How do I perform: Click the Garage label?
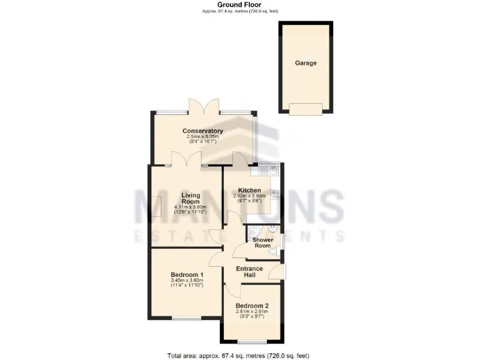(306, 63)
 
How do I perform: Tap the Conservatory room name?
(202, 131)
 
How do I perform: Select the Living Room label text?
(191, 199)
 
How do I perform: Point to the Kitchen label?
(249, 190)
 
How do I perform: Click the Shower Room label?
(262, 242)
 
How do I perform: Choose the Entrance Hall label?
(249, 272)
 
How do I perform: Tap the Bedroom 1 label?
(187, 275)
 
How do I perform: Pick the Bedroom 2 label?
(252, 306)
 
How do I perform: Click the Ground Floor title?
(239, 4)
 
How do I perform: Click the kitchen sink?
(271, 169)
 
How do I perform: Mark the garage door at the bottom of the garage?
(306, 109)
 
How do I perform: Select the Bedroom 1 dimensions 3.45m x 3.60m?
(187, 281)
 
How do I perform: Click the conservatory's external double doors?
(204, 106)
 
